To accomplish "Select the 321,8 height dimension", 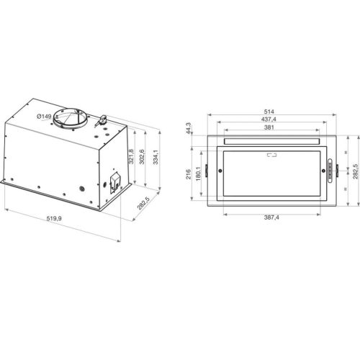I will click(x=131, y=158).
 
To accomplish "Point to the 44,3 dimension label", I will click(x=188, y=128).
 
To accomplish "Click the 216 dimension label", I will click(x=189, y=173).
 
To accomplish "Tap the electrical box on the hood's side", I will click(x=114, y=183).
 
